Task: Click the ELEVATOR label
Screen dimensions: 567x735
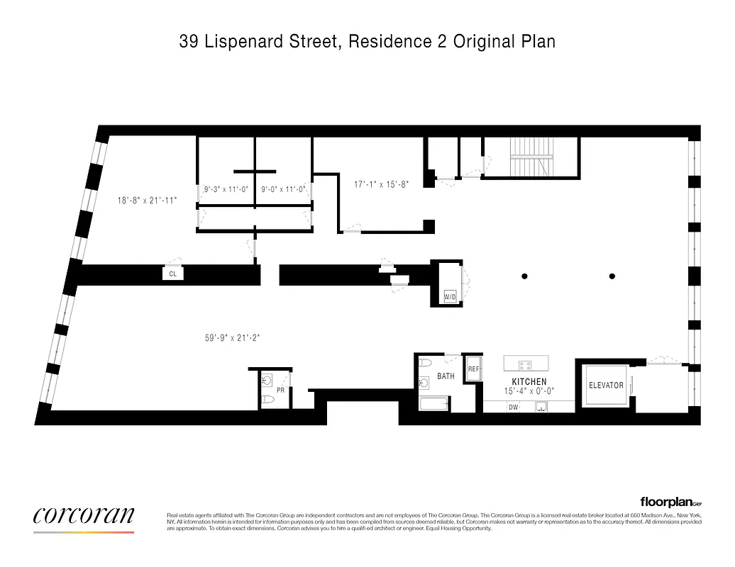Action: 606,386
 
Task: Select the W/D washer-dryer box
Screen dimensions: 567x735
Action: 450,297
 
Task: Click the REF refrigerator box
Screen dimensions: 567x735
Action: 474,369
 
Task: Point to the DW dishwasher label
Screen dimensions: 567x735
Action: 512,407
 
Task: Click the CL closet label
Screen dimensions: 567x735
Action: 172,273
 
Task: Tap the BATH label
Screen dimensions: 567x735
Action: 446,376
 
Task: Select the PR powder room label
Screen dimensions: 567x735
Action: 280,390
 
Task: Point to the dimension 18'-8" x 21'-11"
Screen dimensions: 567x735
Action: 147,201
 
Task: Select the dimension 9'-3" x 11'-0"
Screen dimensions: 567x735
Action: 226,189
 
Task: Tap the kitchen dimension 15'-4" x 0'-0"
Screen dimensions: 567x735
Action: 529,391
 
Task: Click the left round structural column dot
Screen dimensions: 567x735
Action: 525,276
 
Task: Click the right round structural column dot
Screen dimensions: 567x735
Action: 612,276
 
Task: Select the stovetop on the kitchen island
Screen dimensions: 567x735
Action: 526,366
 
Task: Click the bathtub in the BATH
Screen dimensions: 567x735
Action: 433,405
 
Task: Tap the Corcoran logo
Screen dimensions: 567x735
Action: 84,516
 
